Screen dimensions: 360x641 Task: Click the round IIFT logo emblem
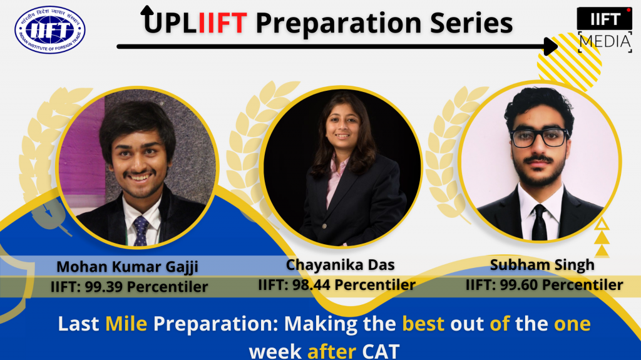point(50,29)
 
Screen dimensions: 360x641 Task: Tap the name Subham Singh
point(542,265)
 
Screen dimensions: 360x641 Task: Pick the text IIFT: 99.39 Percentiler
point(129,287)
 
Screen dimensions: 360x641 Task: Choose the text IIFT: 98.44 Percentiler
point(337,285)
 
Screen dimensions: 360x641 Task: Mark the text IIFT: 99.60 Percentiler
point(544,285)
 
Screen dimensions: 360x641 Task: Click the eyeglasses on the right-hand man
point(539,138)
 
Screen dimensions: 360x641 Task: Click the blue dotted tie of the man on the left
point(141,230)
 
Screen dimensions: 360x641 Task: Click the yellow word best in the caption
point(423,324)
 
